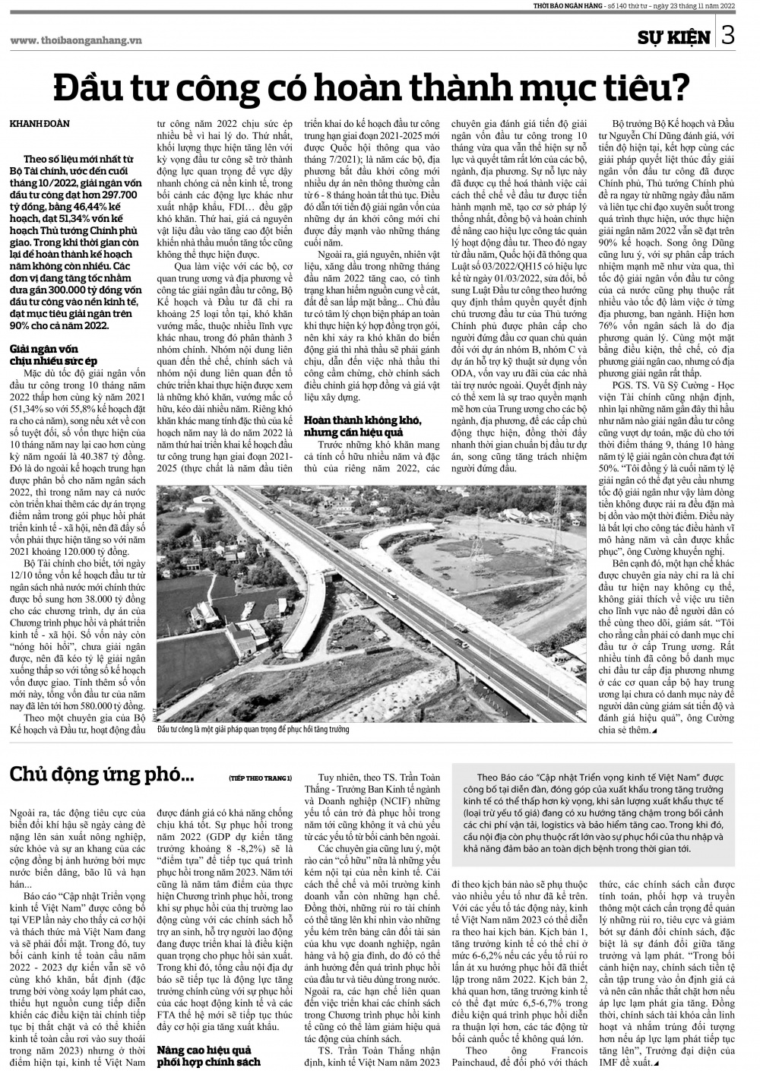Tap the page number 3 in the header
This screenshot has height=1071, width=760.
pos(727,36)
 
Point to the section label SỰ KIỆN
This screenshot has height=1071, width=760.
pos(674,37)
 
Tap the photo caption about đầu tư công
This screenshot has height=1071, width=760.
pos(252,729)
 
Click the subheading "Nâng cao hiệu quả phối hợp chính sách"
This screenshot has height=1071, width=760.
pos(208,1056)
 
